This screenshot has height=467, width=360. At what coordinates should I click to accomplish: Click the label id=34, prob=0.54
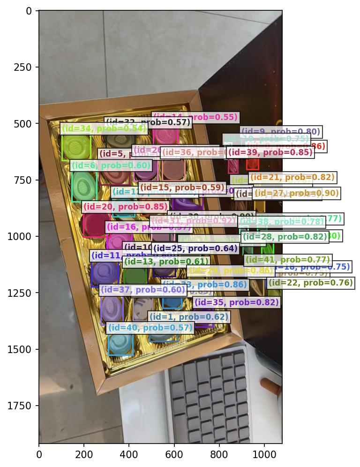[x=104, y=128]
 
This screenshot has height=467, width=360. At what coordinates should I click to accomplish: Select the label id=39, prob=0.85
[x=270, y=152]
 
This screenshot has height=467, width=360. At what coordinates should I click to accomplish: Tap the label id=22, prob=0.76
[x=310, y=283]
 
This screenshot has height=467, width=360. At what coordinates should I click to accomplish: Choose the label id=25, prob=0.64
[x=195, y=249]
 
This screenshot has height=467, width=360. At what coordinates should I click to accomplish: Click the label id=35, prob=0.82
[x=237, y=302]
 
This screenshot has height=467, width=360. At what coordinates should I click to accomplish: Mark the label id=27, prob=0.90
[x=296, y=193]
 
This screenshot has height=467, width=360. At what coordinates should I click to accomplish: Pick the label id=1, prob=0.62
[x=189, y=317]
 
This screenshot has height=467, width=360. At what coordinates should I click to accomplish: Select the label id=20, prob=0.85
[x=125, y=207]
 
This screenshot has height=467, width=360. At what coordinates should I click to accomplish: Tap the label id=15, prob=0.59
[x=182, y=188]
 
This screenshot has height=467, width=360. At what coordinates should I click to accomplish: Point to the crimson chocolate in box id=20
[x=94, y=225]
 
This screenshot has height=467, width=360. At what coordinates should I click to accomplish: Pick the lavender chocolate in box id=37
[x=112, y=309]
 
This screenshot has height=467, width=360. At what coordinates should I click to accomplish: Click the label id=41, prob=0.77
[x=288, y=260]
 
